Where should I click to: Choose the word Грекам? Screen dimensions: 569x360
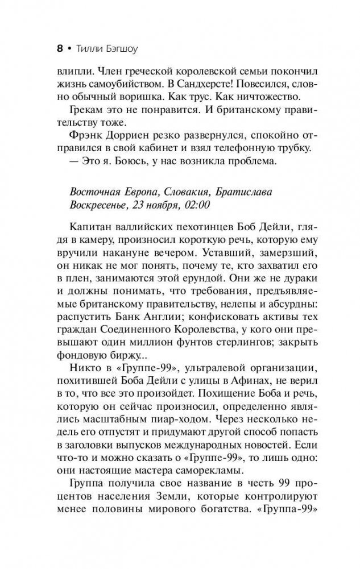pos(89,119)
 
